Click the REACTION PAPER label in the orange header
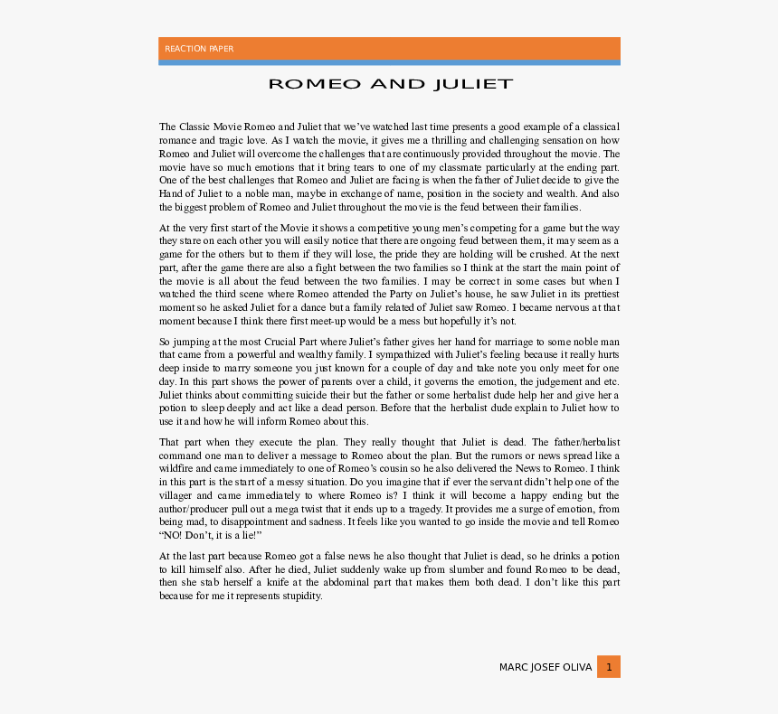[199, 49]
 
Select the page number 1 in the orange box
[609, 667]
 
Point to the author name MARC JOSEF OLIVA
[546, 667]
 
